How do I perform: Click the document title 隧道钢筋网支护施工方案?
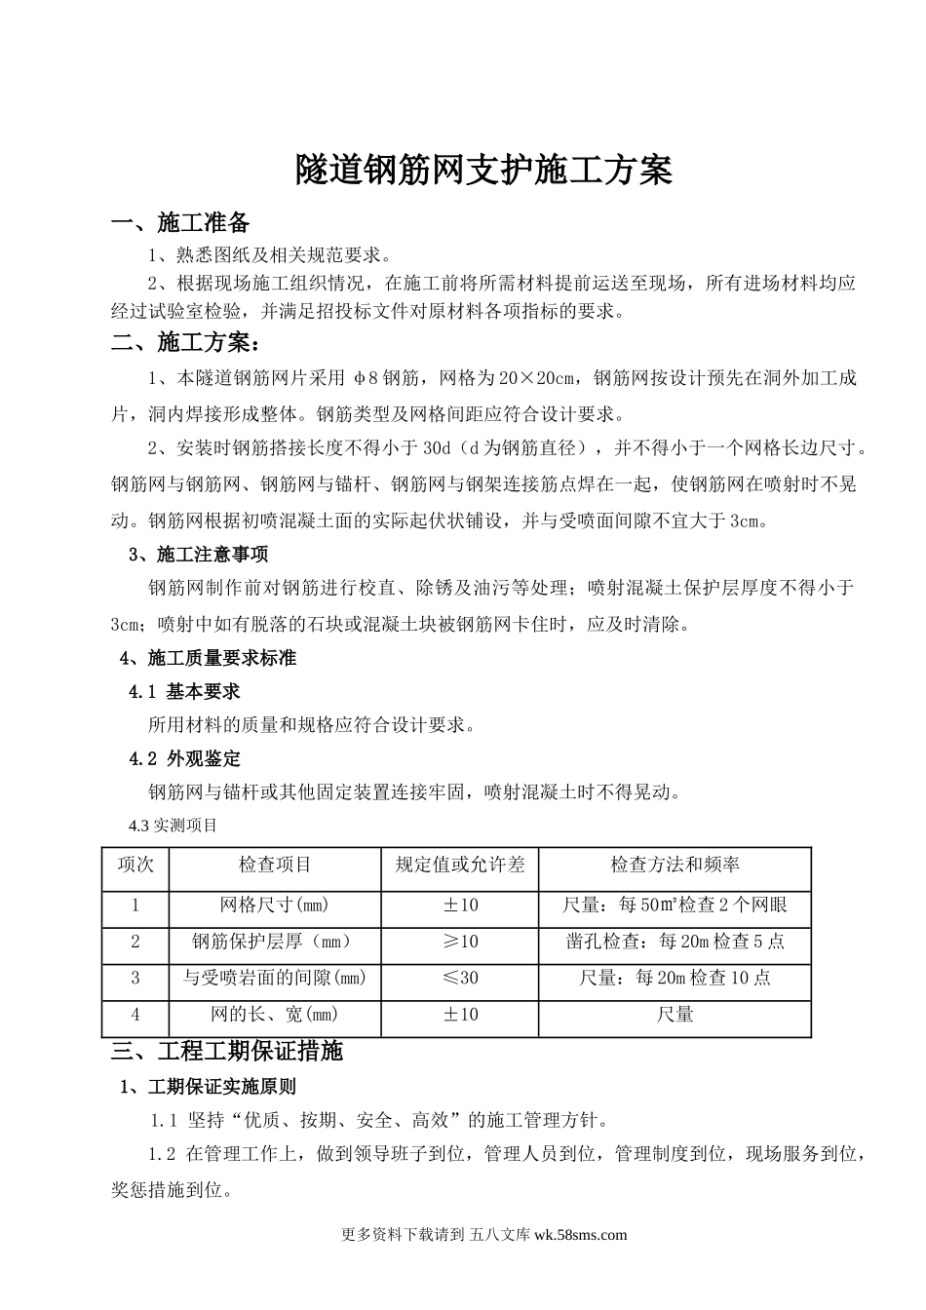click(484, 171)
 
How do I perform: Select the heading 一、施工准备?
click(181, 223)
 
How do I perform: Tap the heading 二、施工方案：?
click(186, 342)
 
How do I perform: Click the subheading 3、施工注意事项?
click(199, 554)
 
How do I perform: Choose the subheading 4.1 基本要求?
click(185, 691)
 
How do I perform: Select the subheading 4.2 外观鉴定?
click(185, 758)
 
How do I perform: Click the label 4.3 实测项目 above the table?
click(174, 826)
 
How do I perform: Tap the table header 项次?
click(135, 865)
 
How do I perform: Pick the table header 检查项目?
click(275, 865)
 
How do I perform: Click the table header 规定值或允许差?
click(460, 865)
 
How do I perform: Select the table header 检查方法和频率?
click(675, 865)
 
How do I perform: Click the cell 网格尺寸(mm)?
click(275, 905)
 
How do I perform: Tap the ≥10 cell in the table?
click(460, 942)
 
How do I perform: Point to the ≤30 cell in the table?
click(460, 978)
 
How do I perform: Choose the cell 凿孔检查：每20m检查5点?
click(675, 942)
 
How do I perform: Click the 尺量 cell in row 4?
click(675, 1015)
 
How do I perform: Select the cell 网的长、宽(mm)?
click(275, 1015)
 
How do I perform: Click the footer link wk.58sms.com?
click(581, 1234)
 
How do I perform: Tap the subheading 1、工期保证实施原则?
click(208, 1086)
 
